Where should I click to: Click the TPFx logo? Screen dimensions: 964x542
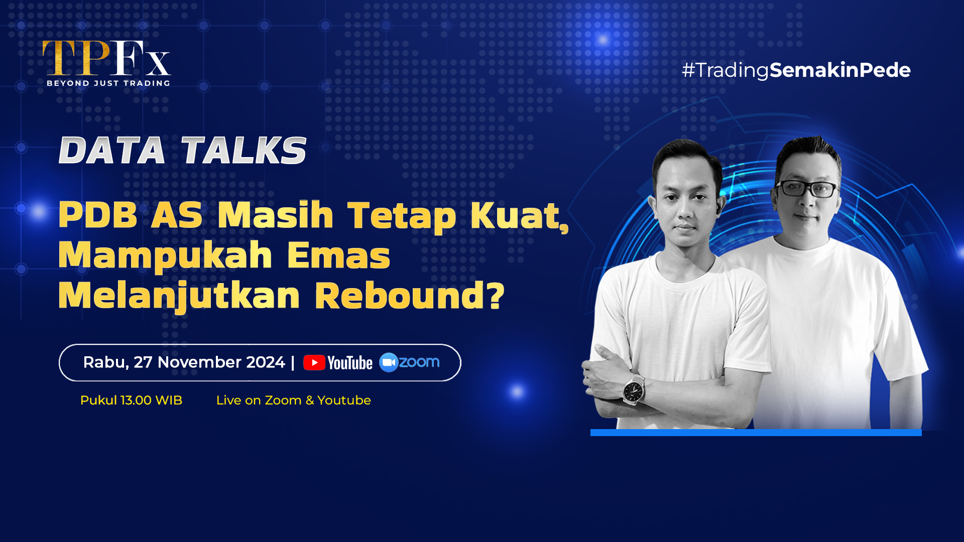(107, 63)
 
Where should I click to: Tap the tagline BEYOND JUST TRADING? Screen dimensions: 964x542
(108, 83)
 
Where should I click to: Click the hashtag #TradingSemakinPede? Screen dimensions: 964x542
(796, 70)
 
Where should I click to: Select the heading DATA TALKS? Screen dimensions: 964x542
(183, 150)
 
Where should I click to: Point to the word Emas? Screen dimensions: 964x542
(338, 255)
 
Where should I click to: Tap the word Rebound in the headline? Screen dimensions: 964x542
(400, 296)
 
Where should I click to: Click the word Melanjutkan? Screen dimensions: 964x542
(179, 296)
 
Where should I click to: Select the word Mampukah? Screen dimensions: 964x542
(165, 256)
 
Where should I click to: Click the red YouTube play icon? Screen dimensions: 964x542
(314, 363)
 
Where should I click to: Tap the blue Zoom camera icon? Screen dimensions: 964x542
(389, 362)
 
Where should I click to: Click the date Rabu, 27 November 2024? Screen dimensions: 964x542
(184, 362)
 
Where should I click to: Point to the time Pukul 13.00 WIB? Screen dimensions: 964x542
(131, 400)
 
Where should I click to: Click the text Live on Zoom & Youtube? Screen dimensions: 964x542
(294, 400)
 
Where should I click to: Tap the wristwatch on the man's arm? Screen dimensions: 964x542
(634, 389)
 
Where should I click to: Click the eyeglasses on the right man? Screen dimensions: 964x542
(806, 189)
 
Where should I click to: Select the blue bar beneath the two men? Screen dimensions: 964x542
(756, 433)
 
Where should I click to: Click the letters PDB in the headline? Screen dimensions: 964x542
(98, 215)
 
